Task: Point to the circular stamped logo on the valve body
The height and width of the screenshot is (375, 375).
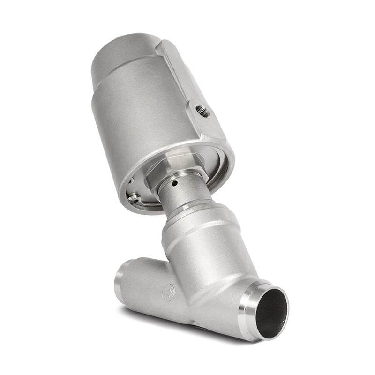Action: click(168, 292)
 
